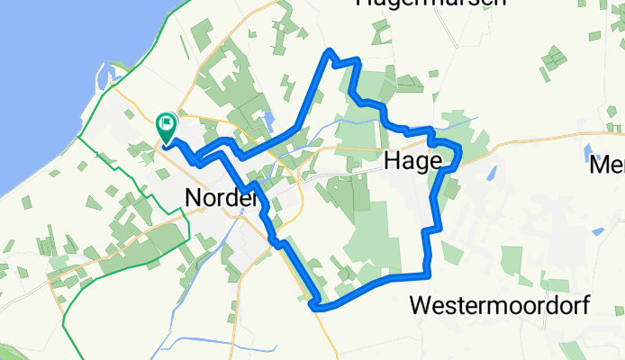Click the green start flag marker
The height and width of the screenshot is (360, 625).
(x=167, y=126)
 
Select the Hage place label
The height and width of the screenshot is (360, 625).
(x=412, y=160)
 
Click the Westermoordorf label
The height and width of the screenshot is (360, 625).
(x=500, y=305)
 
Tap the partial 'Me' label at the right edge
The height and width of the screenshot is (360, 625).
(x=606, y=166)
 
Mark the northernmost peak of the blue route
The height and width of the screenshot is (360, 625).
(x=331, y=52)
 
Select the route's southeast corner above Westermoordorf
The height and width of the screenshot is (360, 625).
(x=428, y=273)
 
